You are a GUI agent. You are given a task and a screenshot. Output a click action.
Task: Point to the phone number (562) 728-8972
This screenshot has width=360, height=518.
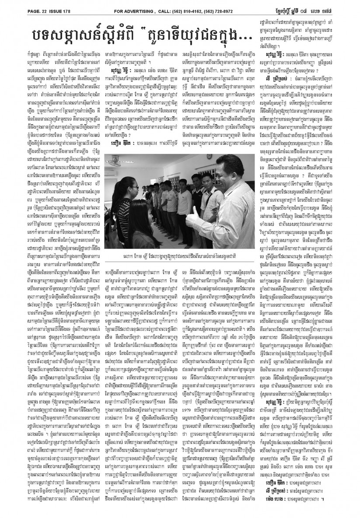236,5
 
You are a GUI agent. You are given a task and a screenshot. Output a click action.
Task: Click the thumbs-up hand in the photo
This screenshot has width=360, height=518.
193,215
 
